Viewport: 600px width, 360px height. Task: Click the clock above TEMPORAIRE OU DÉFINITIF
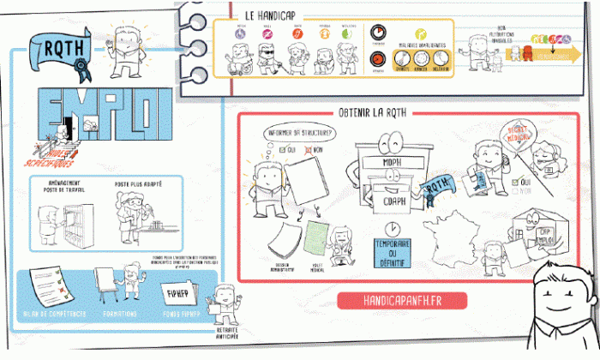point(391,229)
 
